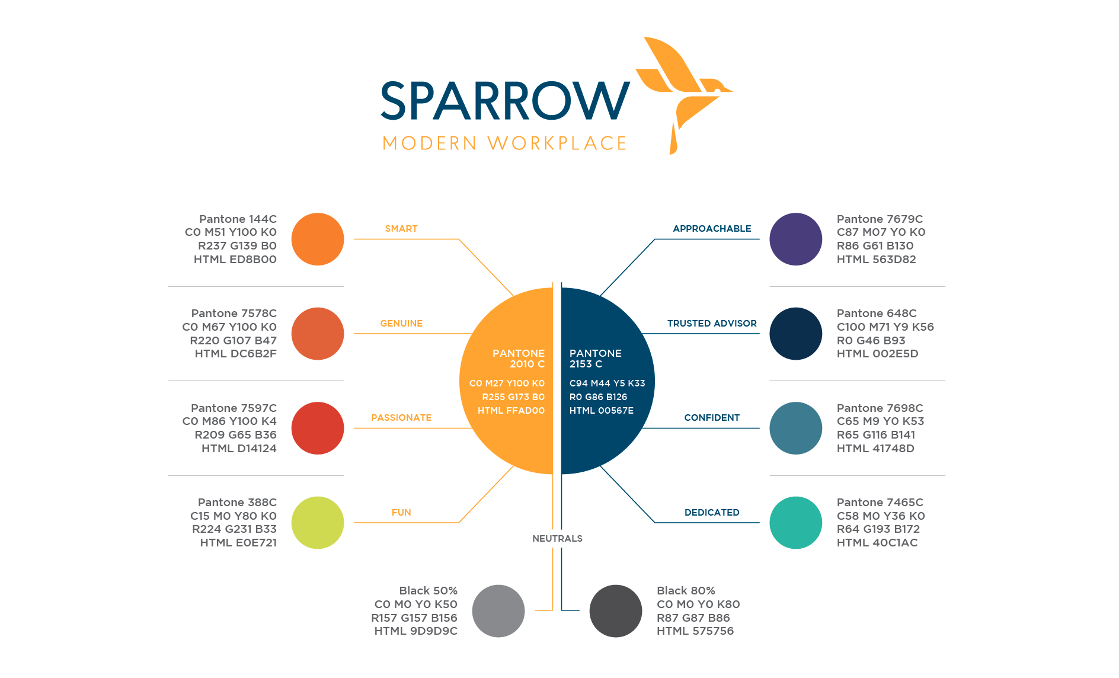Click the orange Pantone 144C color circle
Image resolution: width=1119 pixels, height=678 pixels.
point(318,239)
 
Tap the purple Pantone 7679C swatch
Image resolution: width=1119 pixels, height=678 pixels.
point(795,239)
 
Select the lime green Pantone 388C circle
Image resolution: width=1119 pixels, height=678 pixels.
point(318,523)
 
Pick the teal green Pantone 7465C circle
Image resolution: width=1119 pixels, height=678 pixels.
point(795,523)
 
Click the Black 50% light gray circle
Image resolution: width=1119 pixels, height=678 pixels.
point(498,611)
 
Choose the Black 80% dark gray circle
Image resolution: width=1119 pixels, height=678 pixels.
point(615,611)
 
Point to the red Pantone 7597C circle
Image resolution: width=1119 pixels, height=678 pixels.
point(318,428)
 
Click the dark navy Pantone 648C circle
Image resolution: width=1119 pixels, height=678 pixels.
point(795,334)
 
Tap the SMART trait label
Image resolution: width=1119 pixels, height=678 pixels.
point(401,229)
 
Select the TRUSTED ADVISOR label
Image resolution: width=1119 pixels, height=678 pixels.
point(712,324)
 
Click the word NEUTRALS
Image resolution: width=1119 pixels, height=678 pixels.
point(557,539)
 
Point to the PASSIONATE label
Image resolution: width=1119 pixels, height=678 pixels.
point(401,418)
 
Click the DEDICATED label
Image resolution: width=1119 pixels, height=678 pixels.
point(712,513)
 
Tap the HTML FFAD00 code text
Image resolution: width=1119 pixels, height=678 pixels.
point(511,411)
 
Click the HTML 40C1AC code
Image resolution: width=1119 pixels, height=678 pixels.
point(877,543)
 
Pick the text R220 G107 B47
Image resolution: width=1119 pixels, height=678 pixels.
point(233,341)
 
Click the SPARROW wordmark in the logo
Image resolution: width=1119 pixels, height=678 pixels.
point(505,101)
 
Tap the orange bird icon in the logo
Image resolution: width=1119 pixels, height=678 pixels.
point(683,89)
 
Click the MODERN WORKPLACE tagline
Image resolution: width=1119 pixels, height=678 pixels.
point(504,143)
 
